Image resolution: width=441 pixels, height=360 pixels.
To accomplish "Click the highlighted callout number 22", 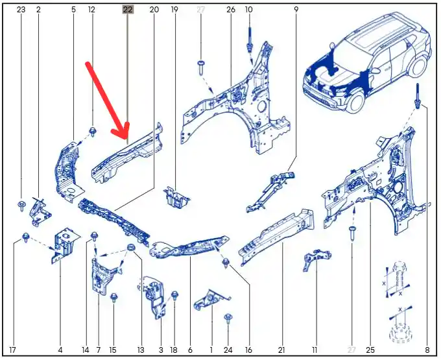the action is pos(128,10).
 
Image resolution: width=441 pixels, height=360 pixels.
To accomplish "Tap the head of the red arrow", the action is pos(123,135).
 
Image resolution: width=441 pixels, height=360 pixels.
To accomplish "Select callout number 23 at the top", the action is pos(21,10).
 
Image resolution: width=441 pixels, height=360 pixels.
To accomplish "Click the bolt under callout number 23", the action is pos(21,206).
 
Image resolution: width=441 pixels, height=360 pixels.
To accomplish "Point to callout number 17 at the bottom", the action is pos(12,350).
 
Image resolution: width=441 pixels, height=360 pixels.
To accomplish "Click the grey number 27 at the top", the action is pos(200,10).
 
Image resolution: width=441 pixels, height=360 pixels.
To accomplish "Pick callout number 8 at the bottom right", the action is pos(427,350).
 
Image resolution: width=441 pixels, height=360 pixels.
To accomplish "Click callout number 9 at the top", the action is pos(296,10).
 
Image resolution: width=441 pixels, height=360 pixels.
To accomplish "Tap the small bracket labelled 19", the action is pos(176,197).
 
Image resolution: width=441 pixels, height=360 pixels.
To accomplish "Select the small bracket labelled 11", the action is pos(316,259).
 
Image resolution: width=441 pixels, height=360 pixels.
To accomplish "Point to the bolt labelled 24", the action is pos(228,319).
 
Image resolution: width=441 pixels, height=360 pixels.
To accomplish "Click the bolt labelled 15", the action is pos(113,297).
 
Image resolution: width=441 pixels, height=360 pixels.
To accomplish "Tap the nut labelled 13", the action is pos(130,248).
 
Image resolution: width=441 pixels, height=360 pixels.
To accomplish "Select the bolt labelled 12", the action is pos(93,131).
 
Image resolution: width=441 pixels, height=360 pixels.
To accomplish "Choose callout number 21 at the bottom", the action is pos(281,350).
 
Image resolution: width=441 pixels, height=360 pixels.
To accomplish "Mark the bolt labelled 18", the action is pos(174,296).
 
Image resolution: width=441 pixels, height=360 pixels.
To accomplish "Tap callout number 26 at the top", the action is pos(231,10).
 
